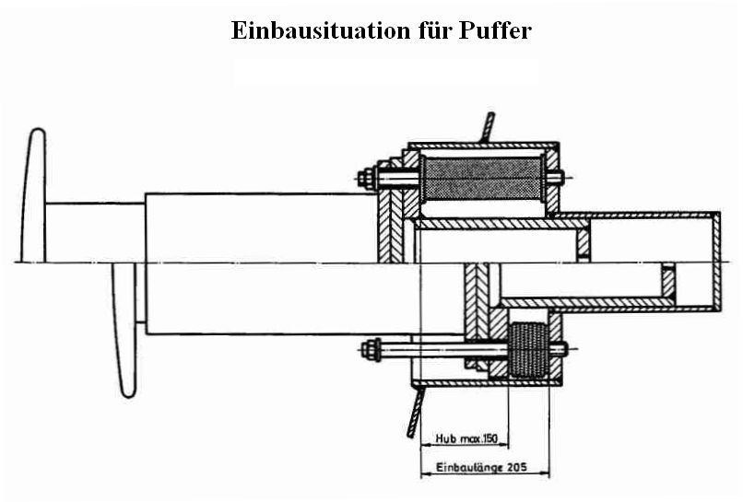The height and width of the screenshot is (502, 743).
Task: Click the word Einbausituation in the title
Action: [x=316, y=30]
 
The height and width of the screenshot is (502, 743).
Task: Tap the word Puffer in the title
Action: [x=494, y=30]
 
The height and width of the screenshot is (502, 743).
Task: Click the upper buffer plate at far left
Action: [x=33, y=193]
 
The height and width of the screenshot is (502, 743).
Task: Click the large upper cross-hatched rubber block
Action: [x=480, y=178]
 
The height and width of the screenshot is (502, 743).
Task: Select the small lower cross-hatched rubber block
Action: [x=527, y=349]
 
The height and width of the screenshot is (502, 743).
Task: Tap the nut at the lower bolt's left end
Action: [x=370, y=349]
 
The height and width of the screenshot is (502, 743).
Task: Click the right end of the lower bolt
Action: [x=560, y=349]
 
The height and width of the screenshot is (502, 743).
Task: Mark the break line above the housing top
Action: [x=486, y=126]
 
